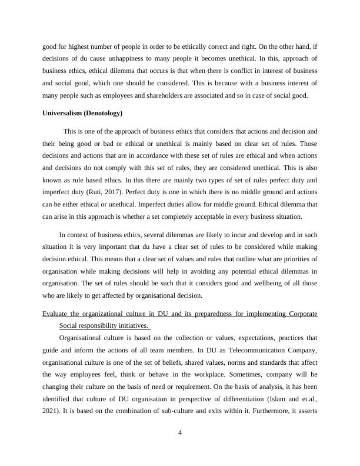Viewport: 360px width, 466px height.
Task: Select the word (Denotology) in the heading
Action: [x=103, y=113]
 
